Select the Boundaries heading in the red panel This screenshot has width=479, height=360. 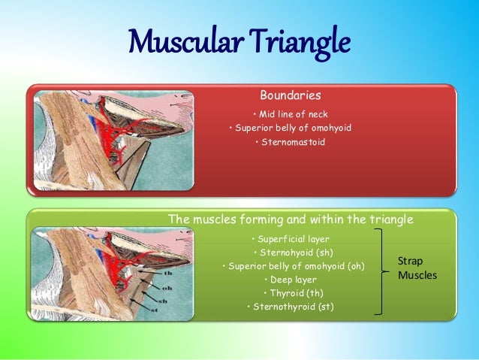[x=290, y=95]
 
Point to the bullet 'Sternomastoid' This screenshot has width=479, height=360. [x=292, y=141]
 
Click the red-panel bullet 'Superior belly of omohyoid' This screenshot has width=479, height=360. [x=291, y=128]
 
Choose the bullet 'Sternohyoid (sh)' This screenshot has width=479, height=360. [x=292, y=253]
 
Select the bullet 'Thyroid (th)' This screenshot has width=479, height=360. [x=292, y=293]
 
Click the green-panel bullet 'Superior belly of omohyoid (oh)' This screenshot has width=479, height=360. [x=294, y=266]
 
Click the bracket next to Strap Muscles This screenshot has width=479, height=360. [x=387, y=271]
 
